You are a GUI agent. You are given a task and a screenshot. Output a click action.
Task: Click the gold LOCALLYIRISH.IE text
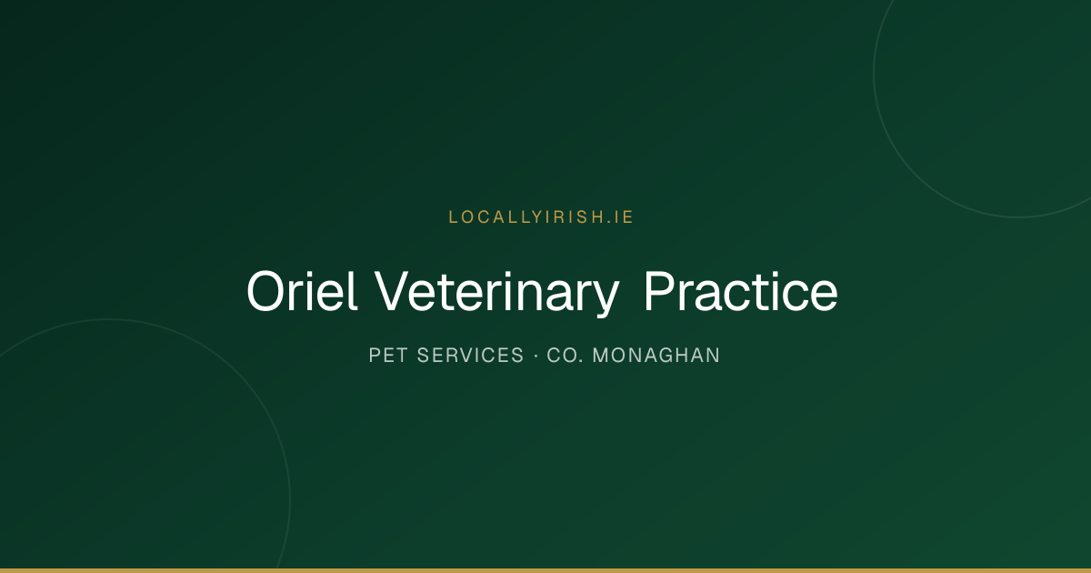point(541,217)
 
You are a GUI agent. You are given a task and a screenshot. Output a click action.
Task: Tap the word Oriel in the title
point(303,291)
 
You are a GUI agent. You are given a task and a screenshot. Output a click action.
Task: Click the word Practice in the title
point(741,291)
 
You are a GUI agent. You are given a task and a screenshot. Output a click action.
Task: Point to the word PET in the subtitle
point(388,356)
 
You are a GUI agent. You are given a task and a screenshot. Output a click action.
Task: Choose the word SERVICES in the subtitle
point(471,356)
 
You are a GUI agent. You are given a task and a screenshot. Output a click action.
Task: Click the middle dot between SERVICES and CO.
point(535,356)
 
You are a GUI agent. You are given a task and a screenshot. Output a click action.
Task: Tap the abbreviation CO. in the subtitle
point(565,356)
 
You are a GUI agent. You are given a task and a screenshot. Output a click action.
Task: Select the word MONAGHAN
point(656,356)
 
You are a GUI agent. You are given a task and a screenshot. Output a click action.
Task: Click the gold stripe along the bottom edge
point(545,570)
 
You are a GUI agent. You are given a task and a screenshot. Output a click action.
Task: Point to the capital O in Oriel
point(266,291)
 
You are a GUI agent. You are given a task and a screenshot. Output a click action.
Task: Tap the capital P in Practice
point(660,291)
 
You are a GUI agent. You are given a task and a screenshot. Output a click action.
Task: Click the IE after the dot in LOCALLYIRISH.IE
point(624,217)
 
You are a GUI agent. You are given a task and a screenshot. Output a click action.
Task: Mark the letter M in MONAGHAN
point(601,356)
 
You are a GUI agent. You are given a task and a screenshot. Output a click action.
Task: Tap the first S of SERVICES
point(424,356)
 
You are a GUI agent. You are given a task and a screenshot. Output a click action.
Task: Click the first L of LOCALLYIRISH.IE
point(453,217)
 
